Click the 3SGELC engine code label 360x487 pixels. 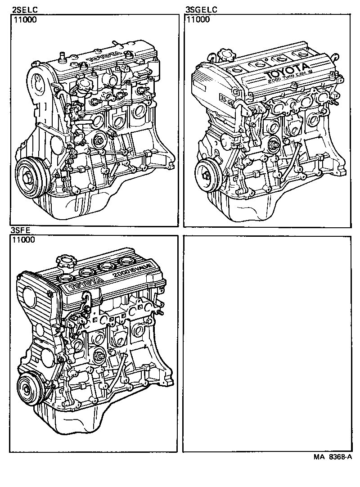point(201,9)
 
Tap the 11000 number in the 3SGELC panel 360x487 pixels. point(198,19)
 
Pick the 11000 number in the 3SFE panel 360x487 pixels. point(24,240)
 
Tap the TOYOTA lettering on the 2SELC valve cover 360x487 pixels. point(103,56)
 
